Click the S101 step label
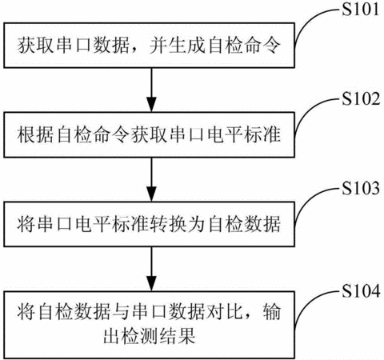coord(361,9)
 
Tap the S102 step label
coord(361,98)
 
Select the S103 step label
coord(361,188)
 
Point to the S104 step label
coord(361,290)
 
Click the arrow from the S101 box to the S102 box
coord(151,90)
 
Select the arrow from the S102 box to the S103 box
coord(151,179)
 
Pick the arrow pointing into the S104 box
coord(151,269)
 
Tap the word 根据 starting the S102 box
coord(35,134)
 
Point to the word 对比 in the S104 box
coord(225,312)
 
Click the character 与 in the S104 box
coord(121,312)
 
